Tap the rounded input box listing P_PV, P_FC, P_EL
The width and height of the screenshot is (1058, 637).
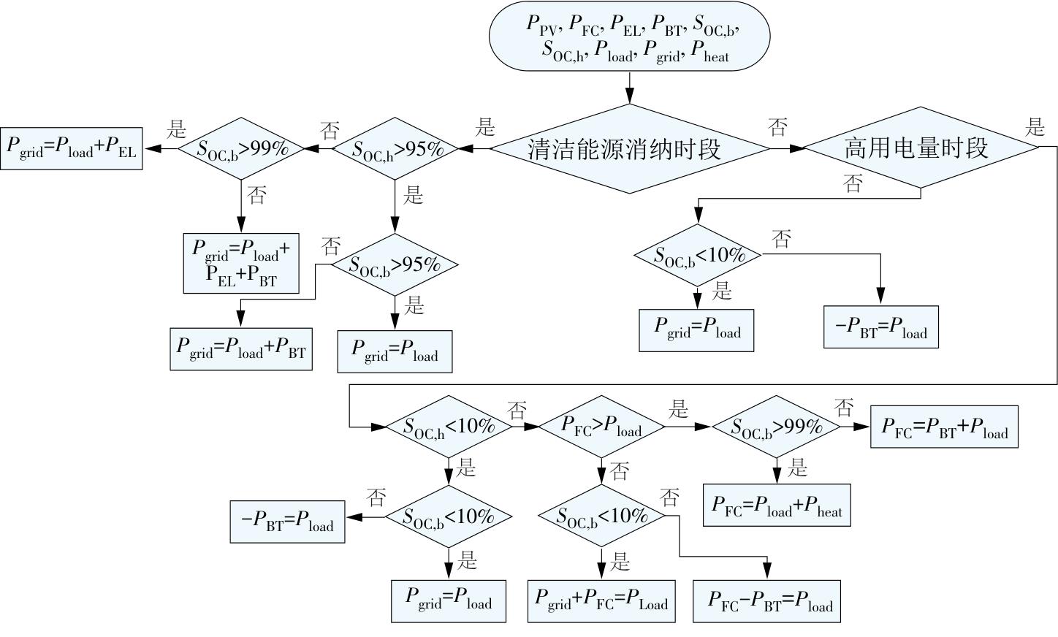pos(628,36)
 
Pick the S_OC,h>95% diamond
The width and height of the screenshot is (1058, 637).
pos(395,148)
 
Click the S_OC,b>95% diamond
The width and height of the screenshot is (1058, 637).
pos(395,264)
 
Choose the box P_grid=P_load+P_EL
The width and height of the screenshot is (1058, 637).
pos(71,148)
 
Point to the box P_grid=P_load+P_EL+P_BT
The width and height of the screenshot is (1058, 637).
pos(241,263)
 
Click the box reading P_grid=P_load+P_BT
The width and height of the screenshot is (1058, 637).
pos(241,350)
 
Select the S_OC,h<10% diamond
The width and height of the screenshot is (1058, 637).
pos(449,426)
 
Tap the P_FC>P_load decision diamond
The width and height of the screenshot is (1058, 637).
pos(601,426)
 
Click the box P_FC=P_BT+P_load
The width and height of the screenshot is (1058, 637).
pos(944,427)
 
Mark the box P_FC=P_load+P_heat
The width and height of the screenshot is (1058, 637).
pos(777,505)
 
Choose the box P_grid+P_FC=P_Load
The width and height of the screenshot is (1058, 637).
pos(601,601)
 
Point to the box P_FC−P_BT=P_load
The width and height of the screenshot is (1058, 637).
pos(766,601)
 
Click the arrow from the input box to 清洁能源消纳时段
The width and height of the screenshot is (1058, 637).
pos(629,87)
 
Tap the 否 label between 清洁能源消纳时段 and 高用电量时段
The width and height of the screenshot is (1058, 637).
pos(778,128)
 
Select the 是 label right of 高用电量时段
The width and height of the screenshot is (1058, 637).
pos(1035,128)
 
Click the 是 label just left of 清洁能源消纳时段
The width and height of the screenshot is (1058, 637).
pos(485,128)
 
